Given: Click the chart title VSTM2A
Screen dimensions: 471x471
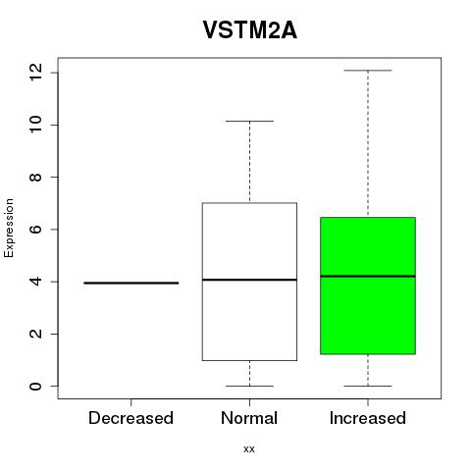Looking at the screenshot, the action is click(250, 30).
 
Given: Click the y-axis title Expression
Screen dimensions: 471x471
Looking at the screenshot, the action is click(9, 228).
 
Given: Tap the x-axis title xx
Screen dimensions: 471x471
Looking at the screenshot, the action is click(249, 448).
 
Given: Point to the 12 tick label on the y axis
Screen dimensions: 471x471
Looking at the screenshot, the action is click(35, 73).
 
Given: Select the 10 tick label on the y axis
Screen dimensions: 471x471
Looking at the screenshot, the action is click(35, 125).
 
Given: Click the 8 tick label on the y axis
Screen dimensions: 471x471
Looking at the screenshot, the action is click(35, 177).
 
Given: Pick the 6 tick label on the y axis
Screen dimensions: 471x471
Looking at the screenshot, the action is click(35, 229).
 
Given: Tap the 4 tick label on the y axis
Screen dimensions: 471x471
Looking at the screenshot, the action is click(35, 282).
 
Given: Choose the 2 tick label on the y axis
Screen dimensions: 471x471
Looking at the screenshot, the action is click(35, 334).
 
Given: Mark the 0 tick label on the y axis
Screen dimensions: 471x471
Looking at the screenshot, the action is click(35, 386).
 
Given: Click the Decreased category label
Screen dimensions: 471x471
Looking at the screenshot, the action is click(131, 418).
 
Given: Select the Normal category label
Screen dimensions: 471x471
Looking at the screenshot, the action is click(249, 418).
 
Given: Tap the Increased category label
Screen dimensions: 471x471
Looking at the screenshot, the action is click(368, 418).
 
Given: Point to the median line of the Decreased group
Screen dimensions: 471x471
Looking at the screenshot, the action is click(131, 283).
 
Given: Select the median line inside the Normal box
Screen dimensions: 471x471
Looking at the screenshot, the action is click(249, 280).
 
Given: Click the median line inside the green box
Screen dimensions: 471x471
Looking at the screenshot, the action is click(368, 276).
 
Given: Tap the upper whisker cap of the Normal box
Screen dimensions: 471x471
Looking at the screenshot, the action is click(249, 121).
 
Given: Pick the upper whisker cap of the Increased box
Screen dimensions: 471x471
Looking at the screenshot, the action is click(368, 71).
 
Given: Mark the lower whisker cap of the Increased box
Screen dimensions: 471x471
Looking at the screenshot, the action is click(368, 386).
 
